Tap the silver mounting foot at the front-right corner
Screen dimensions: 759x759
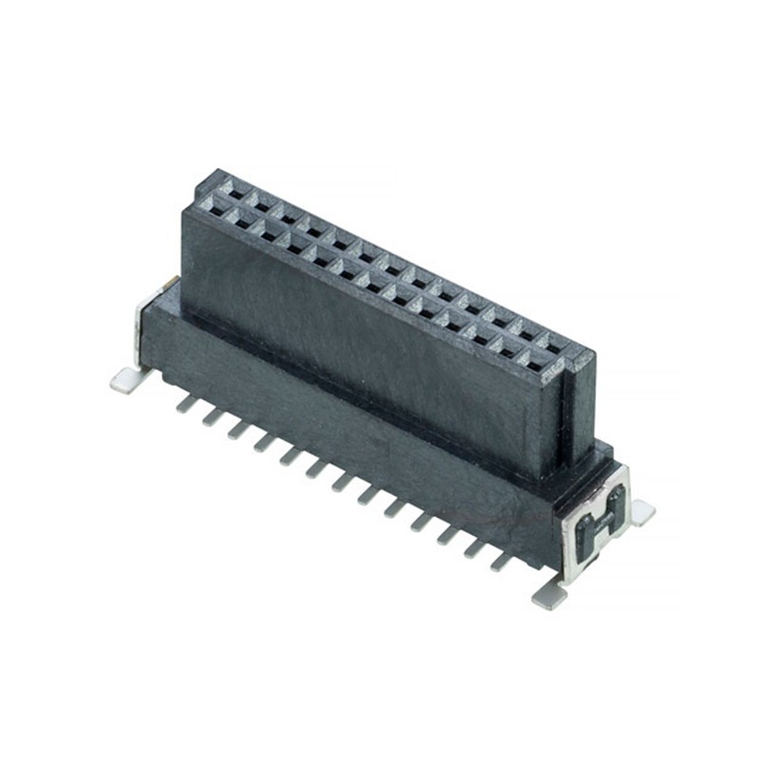(x=548, y=597)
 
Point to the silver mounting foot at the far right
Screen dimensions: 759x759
(x=642, y=512)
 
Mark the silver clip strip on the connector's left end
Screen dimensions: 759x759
(x=142, y=327)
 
